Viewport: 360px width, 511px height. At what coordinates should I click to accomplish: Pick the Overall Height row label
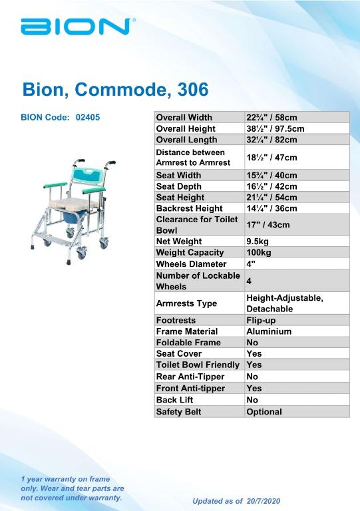pyautogui.click(x=186, y=128)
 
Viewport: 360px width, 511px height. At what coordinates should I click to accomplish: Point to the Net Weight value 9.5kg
pyautogui.click(x=257, y=241)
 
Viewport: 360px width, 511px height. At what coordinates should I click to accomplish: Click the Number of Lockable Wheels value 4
pyautogui.click(x=249, y=281)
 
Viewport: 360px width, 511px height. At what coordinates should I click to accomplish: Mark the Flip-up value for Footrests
pyautogui.click(x=260, y=320)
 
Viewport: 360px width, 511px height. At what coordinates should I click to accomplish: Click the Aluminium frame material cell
pyautogui.click(x=269, y=331)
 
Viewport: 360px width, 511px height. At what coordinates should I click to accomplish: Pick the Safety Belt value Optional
pyautogui.click(x=264, y=412)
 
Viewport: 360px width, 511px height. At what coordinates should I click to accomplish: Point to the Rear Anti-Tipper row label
pyautogui.click(x=190, y=377)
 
